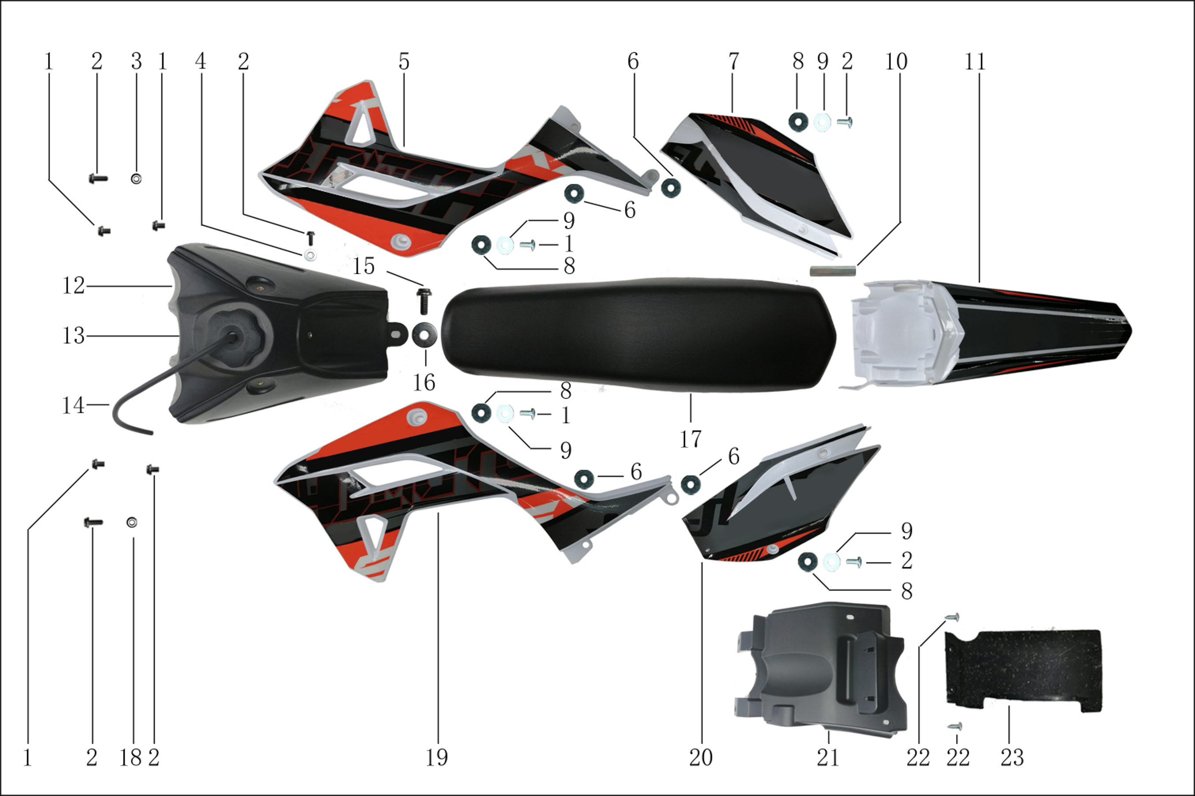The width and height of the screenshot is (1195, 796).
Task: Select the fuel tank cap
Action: tap(236, 332)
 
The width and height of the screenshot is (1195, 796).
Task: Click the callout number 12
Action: tap(73, 286)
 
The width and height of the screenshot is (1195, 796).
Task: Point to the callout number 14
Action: tap(73, 405)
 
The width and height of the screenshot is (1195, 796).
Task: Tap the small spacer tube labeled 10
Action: tap(833, 271)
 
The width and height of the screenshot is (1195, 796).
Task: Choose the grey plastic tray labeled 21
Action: tap(817, 670)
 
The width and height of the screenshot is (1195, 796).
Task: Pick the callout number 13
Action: tap(73, 335)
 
